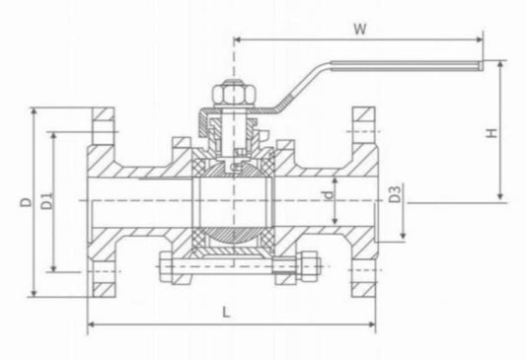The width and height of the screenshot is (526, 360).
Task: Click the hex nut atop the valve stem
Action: [232, 95]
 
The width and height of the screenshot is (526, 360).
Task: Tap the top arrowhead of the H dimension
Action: [502, 65]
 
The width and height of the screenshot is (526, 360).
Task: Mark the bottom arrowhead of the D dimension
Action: [37, 293]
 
